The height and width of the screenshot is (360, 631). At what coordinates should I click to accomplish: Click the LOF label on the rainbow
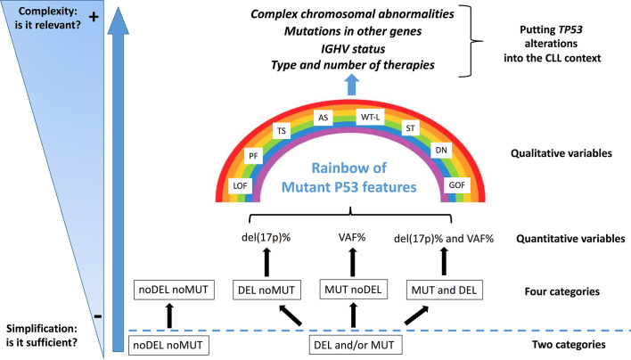(241, 185)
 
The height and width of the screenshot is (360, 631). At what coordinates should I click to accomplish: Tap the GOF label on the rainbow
(456, 185)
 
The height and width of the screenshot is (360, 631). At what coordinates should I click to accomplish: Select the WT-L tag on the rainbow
(370, 117)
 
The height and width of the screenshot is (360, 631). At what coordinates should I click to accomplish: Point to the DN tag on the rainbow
(441, 150)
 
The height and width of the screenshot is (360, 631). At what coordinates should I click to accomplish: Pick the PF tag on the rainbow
(253, 156)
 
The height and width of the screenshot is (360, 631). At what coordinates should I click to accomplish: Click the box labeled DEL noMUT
(266, 290)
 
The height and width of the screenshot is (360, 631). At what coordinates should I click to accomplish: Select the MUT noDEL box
(353, 290)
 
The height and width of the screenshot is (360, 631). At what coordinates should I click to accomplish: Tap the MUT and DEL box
(444, 290)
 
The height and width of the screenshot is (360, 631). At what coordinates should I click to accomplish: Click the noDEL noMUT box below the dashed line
(168, 345)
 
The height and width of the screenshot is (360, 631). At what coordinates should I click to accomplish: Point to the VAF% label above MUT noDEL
(352, 237)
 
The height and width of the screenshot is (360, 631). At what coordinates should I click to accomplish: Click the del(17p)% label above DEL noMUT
(266, 237)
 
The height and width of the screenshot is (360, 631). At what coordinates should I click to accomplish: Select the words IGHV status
(353, 49)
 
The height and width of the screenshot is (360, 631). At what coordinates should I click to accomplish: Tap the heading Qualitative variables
(561, 153)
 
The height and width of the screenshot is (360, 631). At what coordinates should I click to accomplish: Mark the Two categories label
(569, 344)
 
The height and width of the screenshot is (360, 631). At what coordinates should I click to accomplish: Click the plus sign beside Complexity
(94, 17)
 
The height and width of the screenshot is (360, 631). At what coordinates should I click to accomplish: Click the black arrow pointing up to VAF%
(353, 262)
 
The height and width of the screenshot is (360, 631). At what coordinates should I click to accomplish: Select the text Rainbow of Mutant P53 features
(348, 177)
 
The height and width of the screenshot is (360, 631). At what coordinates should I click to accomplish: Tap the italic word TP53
(570, 29)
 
